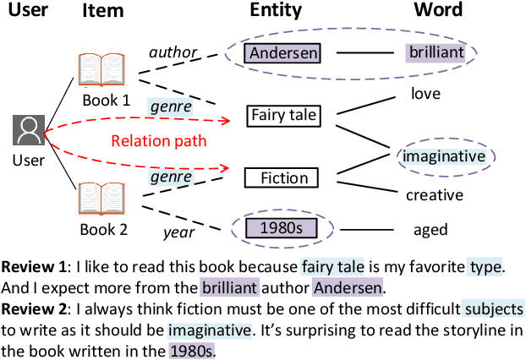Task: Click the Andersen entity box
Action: (283, 53)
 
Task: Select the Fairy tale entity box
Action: (282, 114)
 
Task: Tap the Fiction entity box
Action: (282, 177)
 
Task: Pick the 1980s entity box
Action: (282, 228)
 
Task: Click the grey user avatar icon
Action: (29, 131)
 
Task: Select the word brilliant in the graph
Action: (436, 52)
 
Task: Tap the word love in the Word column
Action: (425, 93)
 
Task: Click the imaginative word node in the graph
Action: (444, 156)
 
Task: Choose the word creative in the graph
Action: (435, 195)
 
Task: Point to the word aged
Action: (430, 229)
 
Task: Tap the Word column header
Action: (437, 11)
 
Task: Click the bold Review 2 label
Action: (33, 308)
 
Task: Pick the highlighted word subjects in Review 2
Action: (494, 308)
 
